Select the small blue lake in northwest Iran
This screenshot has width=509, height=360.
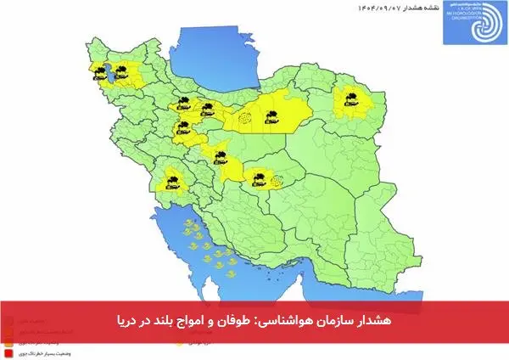tap(109, 74)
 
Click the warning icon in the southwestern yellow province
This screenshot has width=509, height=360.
tap(171, 180)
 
